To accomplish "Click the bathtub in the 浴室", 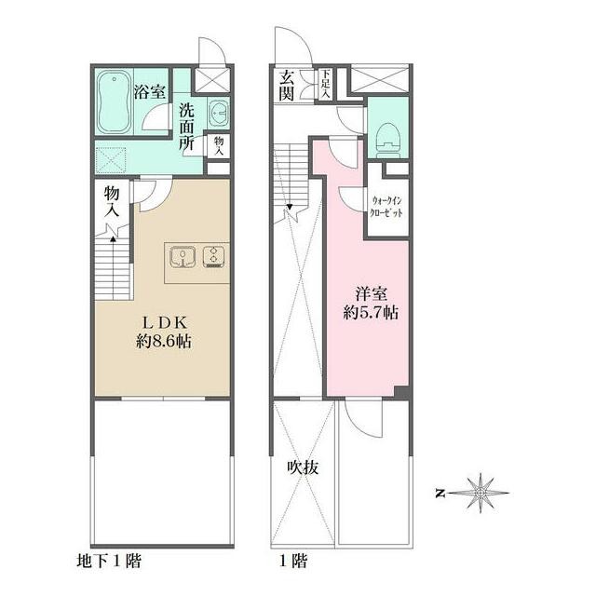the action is point(114,102).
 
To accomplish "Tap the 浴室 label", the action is point(149,91).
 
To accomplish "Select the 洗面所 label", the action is point(186,127).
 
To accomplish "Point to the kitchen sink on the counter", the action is point(183,257).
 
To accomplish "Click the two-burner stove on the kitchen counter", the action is point(213,257).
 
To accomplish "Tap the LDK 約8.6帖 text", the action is point(164,332).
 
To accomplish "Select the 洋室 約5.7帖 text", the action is point(371,304).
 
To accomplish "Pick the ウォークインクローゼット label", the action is point(386,207).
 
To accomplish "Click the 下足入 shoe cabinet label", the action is point(325,84).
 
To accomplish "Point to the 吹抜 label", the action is point(303,467).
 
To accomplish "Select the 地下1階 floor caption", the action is point(109,561).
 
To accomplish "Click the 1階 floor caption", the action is point(293,561).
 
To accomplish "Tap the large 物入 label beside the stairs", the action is point(112,201).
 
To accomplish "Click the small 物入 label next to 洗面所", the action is point(219,145).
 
